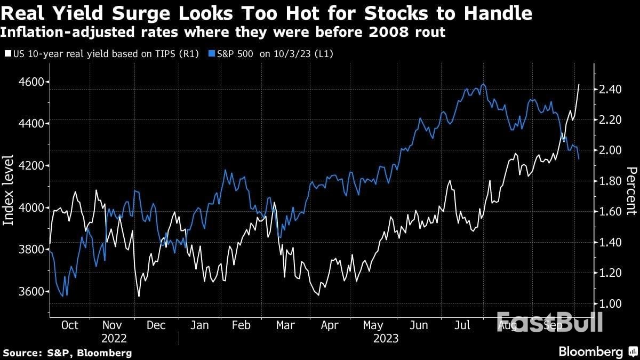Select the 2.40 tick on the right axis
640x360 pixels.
click(x=610, y=89)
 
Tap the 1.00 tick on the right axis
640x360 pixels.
click(x=610, y=303)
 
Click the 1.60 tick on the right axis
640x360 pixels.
click(x=610, y=212)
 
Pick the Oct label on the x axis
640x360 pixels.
click(x=69, y=325)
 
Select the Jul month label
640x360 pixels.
click(x=462, y=325)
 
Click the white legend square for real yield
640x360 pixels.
click(x=6, y=54)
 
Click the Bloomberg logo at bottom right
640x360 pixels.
click(x=590, y=352)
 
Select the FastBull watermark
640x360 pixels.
click(x=549, y=322)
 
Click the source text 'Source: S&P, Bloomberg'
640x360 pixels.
click(x=67, y=353)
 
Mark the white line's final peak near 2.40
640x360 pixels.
click(x=580, y=84)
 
